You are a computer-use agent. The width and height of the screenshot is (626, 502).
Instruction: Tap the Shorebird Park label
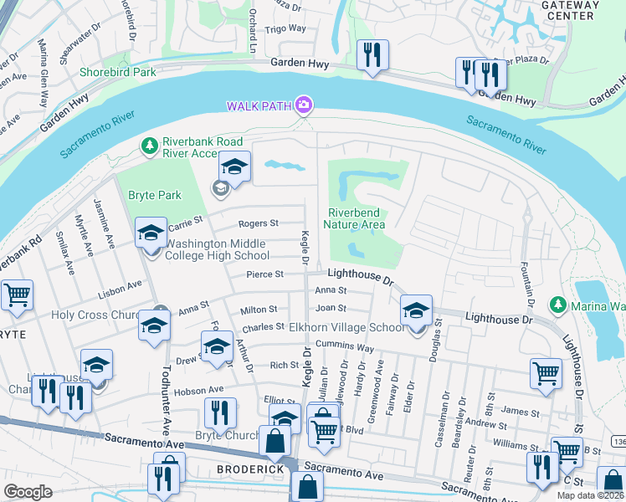[x=118, y=72]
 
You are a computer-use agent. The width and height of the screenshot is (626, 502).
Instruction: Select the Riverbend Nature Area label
[x=357, y=218]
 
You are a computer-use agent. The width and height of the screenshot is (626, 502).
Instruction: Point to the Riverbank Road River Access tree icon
[x=150, y=146]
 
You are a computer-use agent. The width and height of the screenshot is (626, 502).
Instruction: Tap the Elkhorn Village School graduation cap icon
[x=416, y=311]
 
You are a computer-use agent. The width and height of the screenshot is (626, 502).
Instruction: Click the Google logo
[x=28, y=492]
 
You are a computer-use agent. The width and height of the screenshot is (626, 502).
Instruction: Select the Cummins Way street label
[x=343, y=347]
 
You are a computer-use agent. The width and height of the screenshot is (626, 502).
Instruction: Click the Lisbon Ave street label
[x=119, y=287]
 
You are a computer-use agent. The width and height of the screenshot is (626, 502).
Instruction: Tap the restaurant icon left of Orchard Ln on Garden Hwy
[x=370, y=56]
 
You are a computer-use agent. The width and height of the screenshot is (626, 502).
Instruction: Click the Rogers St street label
[x=258, y=224]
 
